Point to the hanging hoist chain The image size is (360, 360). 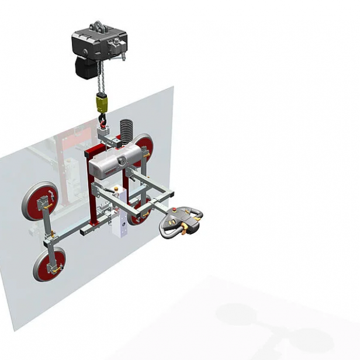(x=101, y=82)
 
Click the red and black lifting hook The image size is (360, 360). (x=103, y=121)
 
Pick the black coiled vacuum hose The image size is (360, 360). (x=126, y=129)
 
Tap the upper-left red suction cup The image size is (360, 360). (x=40, y=200)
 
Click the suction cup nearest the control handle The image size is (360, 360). (x=140, y=212)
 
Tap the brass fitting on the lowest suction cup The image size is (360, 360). (x=57, y=269)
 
